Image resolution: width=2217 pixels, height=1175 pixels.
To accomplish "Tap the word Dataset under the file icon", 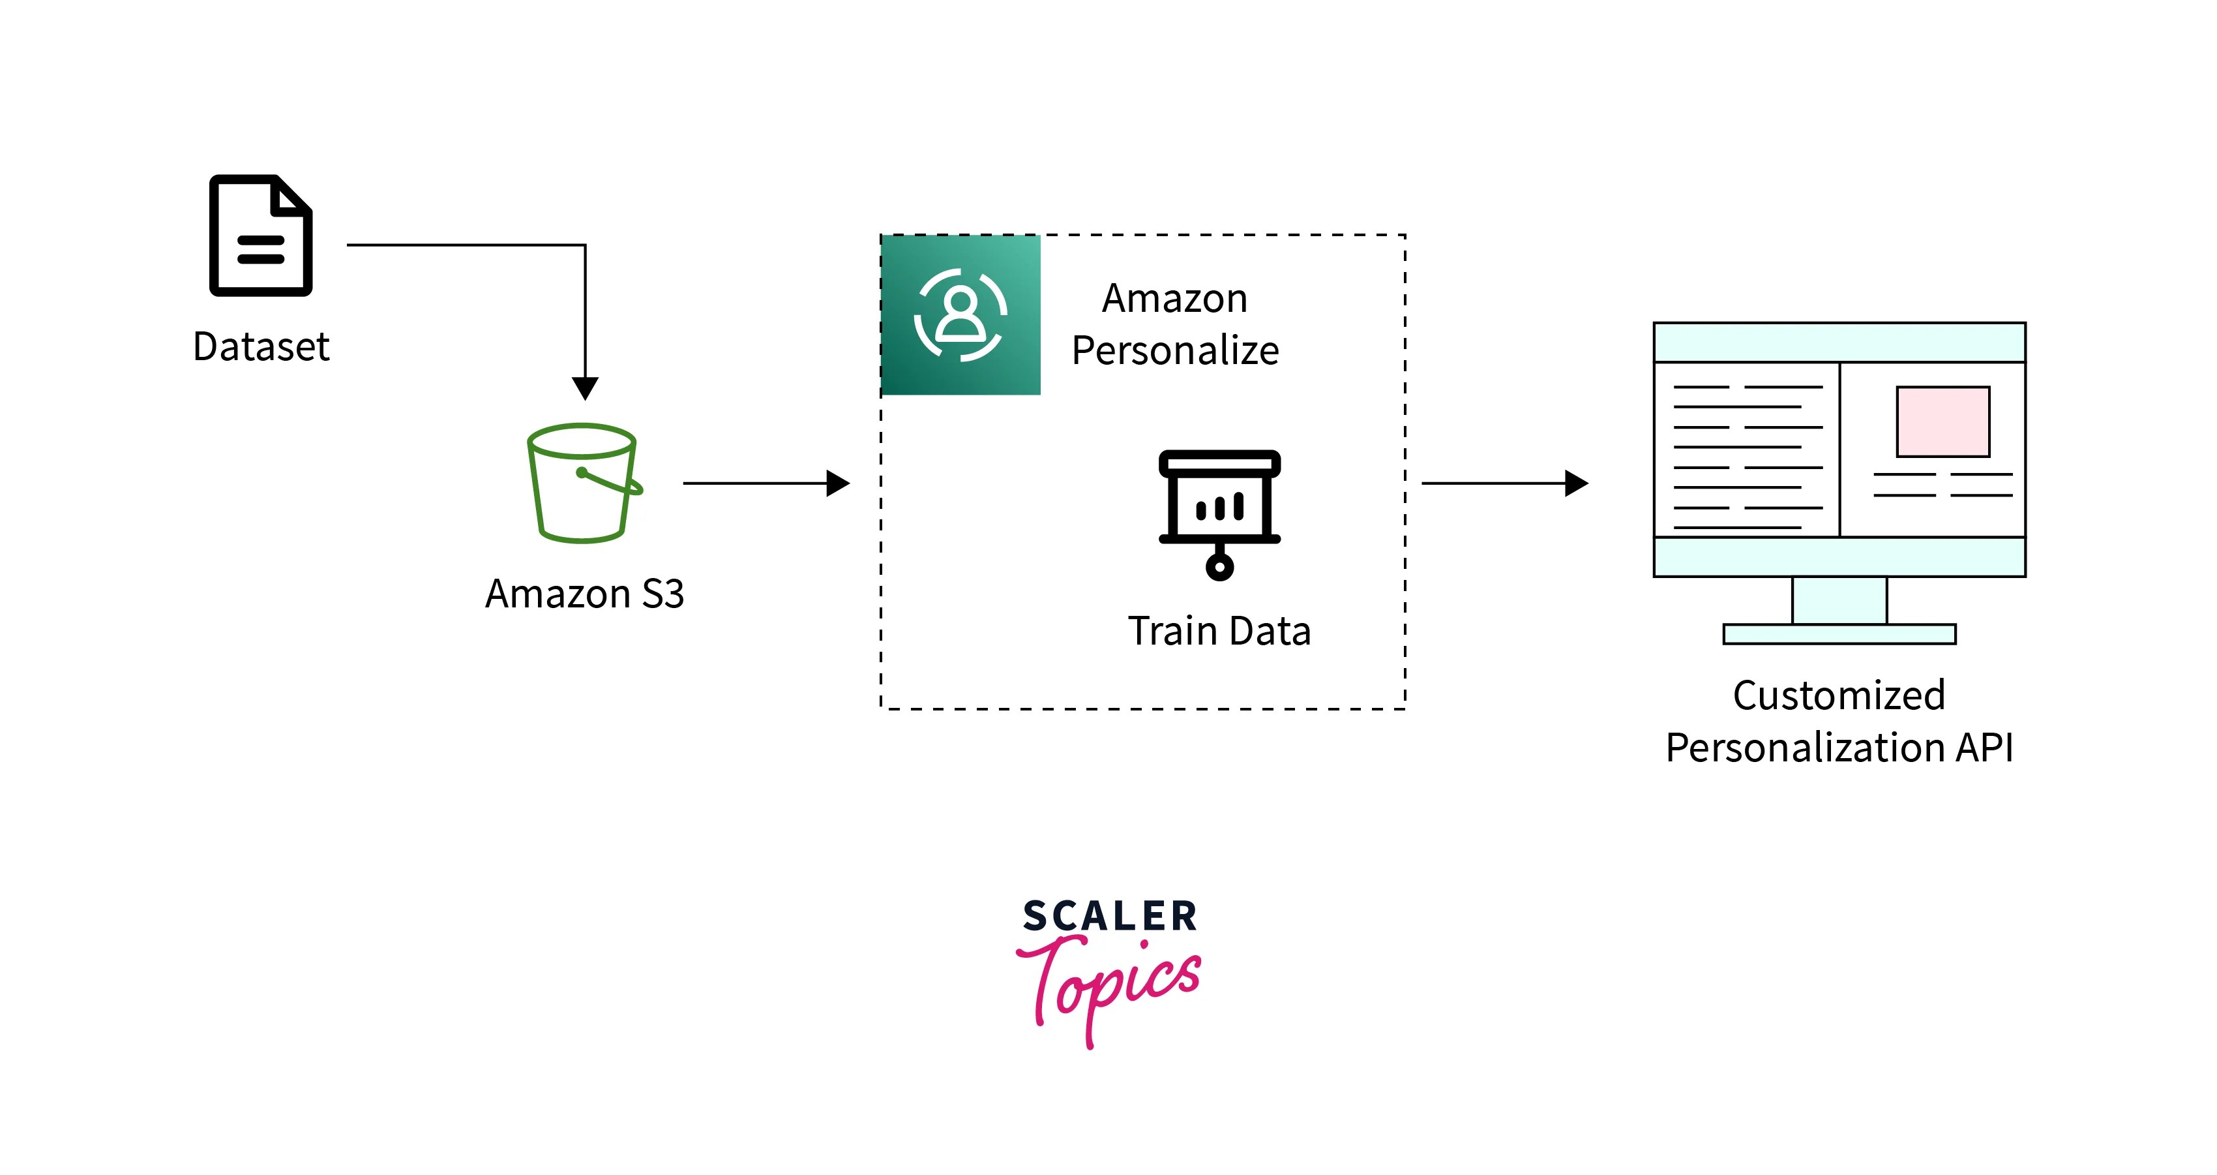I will (261, 347).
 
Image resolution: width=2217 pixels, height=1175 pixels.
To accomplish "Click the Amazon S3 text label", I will (584, 594).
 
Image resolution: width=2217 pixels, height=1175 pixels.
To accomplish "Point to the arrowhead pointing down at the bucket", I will (586, 388).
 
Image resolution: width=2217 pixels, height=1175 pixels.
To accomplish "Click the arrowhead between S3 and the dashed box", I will (837, 483).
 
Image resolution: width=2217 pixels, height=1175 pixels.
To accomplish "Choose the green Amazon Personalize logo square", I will (960, 315).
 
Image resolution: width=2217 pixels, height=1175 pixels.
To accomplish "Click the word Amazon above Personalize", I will (1175, 299).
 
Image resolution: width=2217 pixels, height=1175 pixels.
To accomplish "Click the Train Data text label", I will (1219, 631).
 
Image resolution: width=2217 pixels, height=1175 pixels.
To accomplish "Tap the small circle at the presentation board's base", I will (1219, 566).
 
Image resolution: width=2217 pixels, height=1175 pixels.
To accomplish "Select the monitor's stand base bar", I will (1839, 634).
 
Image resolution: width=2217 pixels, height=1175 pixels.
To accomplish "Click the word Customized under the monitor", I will (1839, 695).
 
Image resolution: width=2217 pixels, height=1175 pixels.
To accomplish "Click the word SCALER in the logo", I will (1109, 916).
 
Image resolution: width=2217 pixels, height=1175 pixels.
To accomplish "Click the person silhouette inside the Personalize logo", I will (960, 313).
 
